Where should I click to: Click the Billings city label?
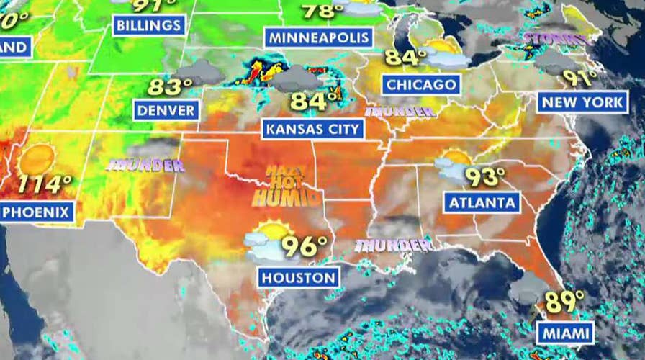[x=149, y=26]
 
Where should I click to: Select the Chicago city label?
[x=421, y=84]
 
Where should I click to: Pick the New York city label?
[x=582, y=102]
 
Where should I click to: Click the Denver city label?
[x=166, y=110]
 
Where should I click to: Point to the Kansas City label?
[x=312, y=130]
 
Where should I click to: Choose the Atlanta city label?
[x=482, y=202]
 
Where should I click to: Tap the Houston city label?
[x=299, y=277]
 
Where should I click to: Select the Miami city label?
[x=565, y=333]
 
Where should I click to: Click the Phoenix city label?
[x=37, y=212]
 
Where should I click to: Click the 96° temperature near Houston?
[x=304, y=246]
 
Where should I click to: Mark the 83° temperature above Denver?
[x=170, y=87]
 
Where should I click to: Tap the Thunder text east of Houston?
[x=392, y=245]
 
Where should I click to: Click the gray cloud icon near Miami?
[x=528, y=288]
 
